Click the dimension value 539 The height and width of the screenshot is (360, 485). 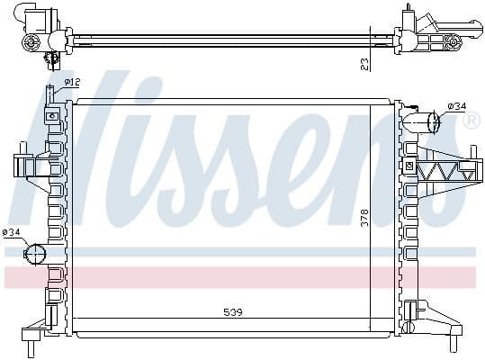233,313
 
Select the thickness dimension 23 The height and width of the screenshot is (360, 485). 364,62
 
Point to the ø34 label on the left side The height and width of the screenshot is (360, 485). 13,232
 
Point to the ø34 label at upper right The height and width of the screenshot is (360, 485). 456,106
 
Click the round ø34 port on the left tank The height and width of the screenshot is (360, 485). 34,254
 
